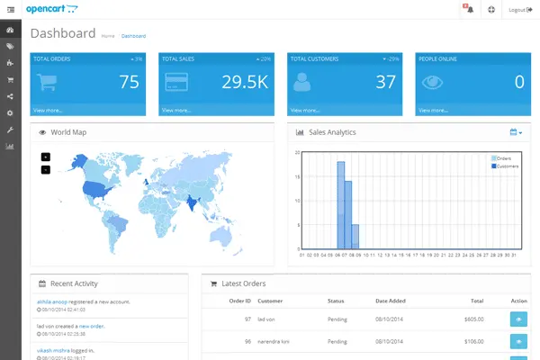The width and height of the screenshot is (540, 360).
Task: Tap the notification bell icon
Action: coord(469,10)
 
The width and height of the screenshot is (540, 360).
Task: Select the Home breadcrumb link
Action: coord(108,36)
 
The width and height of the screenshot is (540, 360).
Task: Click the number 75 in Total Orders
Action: coord(129,82)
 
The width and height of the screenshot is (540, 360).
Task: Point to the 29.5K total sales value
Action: coord(245,82)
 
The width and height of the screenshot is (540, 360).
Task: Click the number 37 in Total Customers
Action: coord(386,82)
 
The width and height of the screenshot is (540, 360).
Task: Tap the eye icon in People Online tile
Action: coord(434,82)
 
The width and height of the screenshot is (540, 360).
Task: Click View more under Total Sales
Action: coord(176,110)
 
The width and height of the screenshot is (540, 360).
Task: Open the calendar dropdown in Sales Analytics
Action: coord(516,132)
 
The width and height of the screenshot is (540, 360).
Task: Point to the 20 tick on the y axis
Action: coord(299,152)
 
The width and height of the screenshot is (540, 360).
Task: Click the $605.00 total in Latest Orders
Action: coord(472,318)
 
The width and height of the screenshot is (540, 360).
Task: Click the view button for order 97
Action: coord(517,318)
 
